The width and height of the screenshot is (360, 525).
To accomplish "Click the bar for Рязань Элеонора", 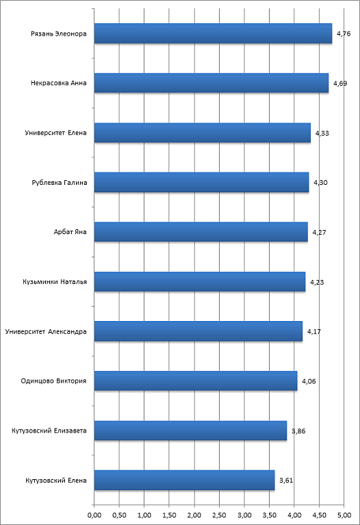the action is tap(213, 34).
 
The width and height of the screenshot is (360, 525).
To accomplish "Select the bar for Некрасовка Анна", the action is tap(211, 83).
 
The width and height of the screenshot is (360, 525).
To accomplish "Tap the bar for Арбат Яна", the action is tap(201, 231).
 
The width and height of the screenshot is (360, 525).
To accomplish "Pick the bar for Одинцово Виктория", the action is tap(196, 381).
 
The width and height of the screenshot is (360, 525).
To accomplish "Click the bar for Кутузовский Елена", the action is tap(185, 480).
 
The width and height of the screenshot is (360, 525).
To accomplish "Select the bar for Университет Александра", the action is tap(198, 331).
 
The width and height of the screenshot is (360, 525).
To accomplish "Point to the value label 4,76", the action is tap(344, 34).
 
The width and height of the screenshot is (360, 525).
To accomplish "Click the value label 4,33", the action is tap(322, 133).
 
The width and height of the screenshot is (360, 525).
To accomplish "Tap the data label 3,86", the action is tap(298, 431).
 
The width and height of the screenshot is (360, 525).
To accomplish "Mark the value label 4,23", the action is tap(317, 282).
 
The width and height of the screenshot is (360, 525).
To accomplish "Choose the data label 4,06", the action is tap(309, 381).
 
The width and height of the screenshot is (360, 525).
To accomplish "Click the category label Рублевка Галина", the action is tap(60, 183).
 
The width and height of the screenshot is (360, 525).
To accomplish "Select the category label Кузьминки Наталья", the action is tap(55, 282).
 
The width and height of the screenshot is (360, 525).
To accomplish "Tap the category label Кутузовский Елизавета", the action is tap(49, 431).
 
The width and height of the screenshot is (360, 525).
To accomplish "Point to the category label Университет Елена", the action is tap(55, 133).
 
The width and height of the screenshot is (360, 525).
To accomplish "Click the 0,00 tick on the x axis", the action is tap(94, 515).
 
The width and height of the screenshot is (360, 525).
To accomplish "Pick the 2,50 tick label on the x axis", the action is tap(219, 515).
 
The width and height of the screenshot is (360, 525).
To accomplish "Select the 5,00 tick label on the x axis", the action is tap(344, 515).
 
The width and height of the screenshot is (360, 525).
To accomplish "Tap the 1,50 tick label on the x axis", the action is tap(169, 515).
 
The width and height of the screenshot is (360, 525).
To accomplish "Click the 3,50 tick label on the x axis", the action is tap(269, 515).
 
